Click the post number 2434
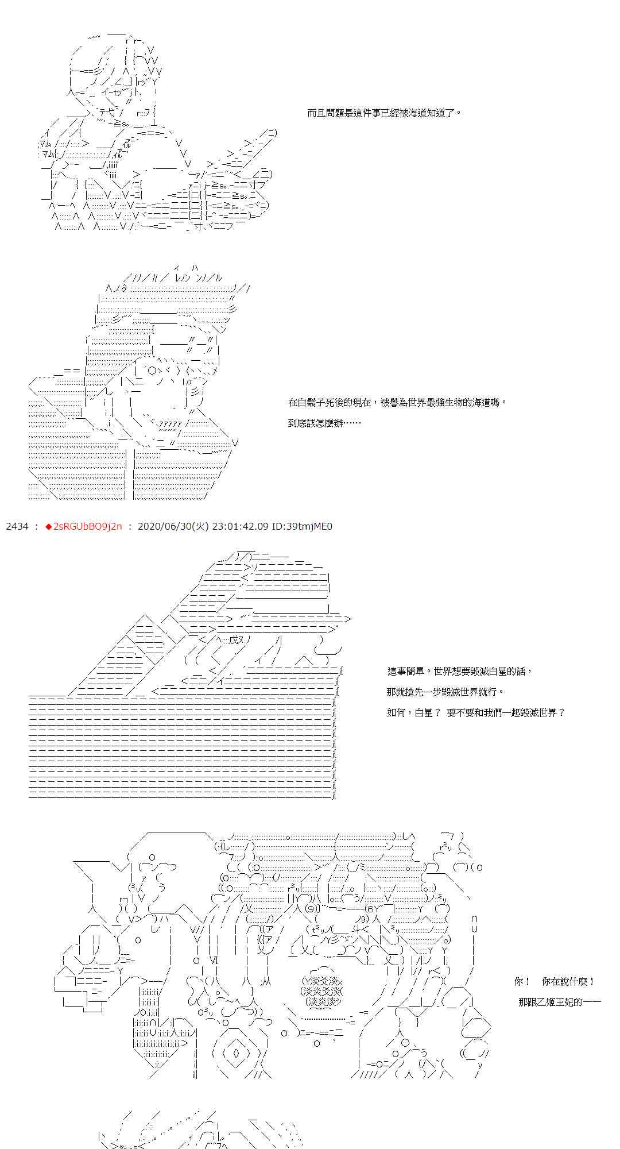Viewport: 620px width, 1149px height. click(17, 526)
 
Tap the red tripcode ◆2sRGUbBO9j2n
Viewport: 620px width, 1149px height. click(84, 526)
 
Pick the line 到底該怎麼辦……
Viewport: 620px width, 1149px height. click(324, 423)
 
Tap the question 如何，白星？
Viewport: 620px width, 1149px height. click(414, 712)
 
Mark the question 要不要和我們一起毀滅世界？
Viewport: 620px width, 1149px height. click(506, 712)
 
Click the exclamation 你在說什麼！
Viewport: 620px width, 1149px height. click(568, 981)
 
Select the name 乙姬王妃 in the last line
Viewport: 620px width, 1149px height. click(559, 1002)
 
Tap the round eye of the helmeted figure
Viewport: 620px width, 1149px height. click(152, 371)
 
